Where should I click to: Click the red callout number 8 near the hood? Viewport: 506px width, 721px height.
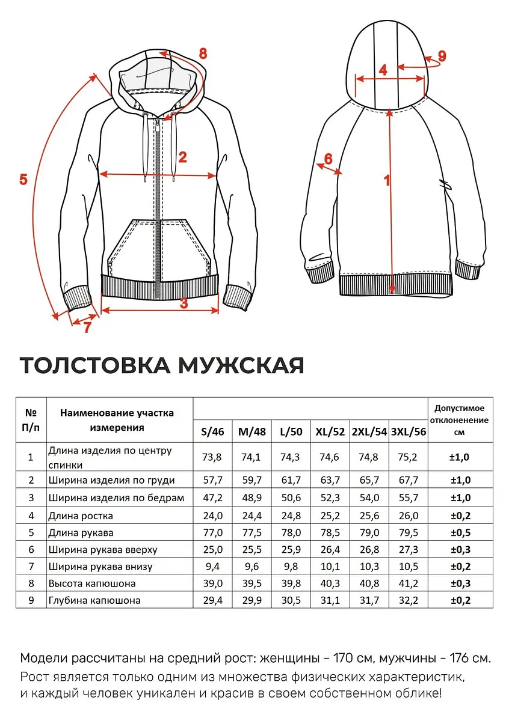203,53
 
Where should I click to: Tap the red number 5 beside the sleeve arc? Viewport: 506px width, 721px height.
23,179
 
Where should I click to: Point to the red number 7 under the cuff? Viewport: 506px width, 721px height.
87,328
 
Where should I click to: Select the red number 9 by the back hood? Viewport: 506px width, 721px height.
442,56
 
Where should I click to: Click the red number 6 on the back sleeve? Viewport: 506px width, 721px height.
328,159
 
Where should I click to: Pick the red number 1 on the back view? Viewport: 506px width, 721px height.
387,180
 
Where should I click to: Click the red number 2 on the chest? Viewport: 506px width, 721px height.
183,157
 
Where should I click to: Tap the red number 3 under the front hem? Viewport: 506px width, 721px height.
184,303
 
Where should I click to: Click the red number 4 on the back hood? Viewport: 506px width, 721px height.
383,70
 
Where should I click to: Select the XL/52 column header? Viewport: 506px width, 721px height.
330,431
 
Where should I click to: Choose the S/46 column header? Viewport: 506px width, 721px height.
212,431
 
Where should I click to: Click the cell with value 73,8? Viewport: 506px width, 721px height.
212,457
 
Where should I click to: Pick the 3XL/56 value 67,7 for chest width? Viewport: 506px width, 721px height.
408,480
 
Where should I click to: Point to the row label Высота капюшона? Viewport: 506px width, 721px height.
92,583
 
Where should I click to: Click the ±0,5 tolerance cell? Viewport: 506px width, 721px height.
460,532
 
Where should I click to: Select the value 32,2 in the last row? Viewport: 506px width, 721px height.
408,600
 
